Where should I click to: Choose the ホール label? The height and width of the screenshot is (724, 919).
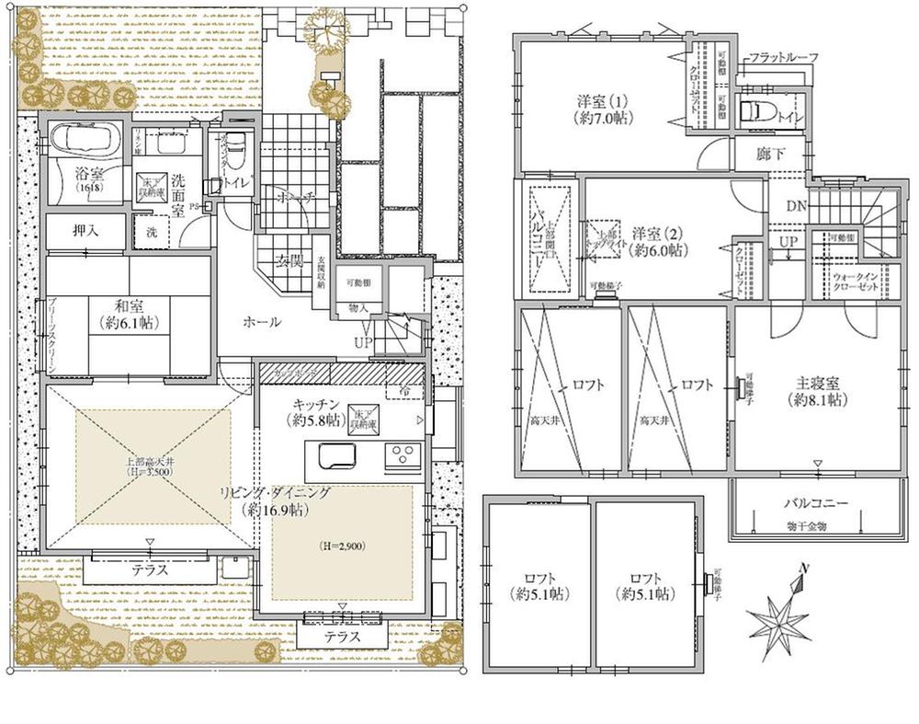point(262,322)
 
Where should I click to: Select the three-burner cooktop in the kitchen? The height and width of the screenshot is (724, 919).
point(403,454)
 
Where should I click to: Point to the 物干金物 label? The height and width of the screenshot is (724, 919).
point(810,525)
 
